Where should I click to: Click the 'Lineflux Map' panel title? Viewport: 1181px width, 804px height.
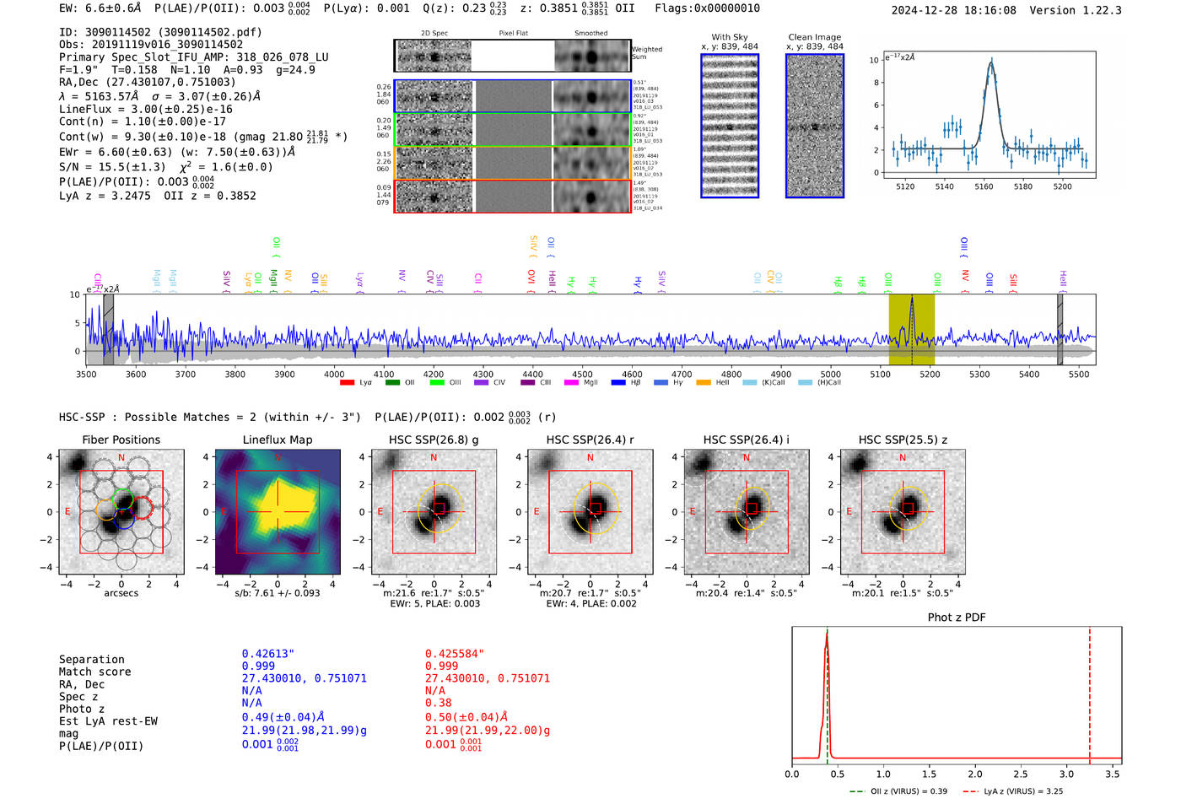(277, 440)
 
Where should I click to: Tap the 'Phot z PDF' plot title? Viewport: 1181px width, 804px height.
(957, 618)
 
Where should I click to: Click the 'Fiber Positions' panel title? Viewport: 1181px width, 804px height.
(121, 440)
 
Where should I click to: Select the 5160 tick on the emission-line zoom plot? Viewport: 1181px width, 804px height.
(984, 186)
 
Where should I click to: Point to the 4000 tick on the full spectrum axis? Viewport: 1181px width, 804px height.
(334, 374)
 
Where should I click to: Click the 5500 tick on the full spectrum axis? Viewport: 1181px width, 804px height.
(1079, 374)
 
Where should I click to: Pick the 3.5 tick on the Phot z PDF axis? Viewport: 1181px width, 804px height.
(1113, 774)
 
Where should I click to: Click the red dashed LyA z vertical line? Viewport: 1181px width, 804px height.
(1090, 692)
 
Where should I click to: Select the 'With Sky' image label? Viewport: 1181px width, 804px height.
(730, 37)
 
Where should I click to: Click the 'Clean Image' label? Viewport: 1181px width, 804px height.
(814, 37)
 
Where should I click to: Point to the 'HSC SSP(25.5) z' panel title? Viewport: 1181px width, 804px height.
(903, 440)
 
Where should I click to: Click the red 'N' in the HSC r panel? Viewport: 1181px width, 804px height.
(590, 458)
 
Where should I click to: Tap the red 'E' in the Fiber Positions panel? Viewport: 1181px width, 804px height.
(68, 512)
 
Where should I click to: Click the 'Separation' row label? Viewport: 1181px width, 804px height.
(92, 660)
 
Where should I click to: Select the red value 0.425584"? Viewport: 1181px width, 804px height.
(455, 654)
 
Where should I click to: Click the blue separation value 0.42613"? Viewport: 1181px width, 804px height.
(268, 654)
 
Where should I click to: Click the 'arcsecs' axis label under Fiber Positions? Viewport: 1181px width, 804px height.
(121, 593)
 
